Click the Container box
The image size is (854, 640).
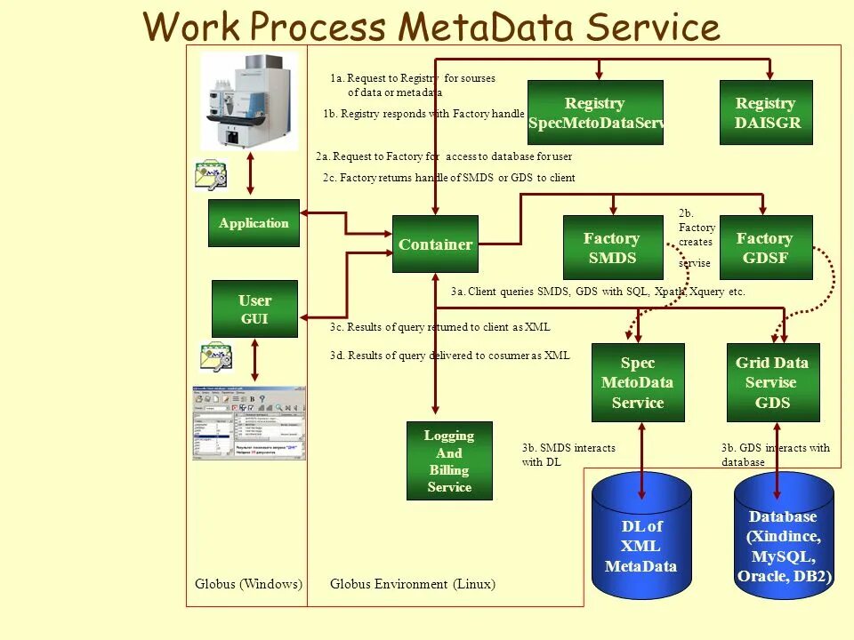[435, 244]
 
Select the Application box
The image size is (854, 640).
[254, 223]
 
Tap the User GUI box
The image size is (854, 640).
[254, 309]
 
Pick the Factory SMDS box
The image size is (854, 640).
[611, 248]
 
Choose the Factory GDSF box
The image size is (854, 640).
[765, 248]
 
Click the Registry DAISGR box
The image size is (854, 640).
[766, 113]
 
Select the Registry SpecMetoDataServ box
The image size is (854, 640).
[595, 113]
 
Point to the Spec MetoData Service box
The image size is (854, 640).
[638, 382]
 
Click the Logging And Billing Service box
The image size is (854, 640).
[449, 460]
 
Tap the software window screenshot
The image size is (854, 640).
[249, 423]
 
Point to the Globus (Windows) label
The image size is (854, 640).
[248, 584]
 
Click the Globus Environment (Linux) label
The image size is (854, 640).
[413, 584]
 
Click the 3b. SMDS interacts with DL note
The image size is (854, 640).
[568, 455]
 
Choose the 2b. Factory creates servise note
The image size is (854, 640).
[697, 238]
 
